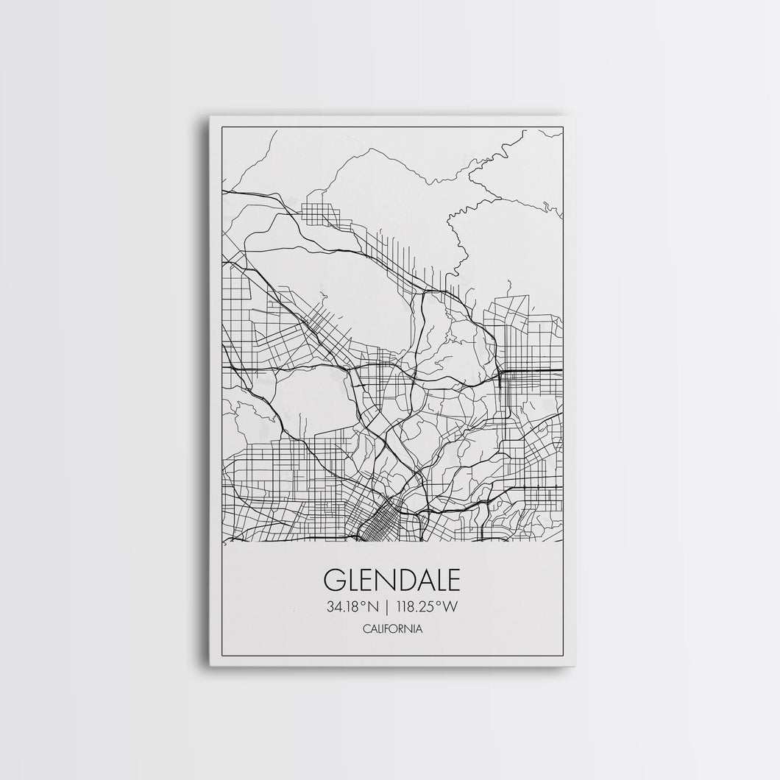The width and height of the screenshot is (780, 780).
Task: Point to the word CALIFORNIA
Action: (x=391, y=629)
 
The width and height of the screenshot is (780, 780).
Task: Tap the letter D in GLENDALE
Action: (x=401, y=579)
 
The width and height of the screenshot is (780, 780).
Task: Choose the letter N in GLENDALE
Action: (x=382, y=579)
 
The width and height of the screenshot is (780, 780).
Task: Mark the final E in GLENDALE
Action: (x=452, y=579)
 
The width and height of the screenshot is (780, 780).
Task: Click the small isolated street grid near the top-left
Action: (x=322, y=210)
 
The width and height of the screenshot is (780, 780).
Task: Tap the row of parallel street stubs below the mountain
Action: (x=412, y=261)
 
